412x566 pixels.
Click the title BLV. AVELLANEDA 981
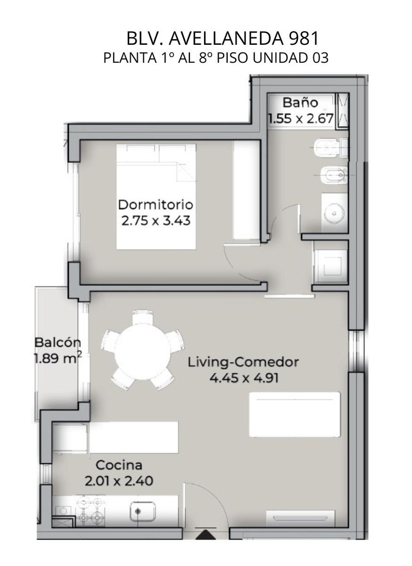(x=222, y=39)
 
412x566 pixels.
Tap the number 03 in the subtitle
(x=320, y=58)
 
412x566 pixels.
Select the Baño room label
(x=300, y=103)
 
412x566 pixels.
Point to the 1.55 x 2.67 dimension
(x=301, y=118)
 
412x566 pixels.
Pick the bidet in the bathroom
(x=334, y=175)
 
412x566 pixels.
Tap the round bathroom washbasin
(x=335, y=214)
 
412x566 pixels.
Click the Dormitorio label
(x=156, y=205)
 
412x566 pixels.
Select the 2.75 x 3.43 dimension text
(x=156, y=221)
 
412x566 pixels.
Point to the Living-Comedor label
(x=243, y=363)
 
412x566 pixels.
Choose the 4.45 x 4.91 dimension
(x=244, y=378)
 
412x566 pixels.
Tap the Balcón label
(x=58, y=342)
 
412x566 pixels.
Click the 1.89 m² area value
(x=58, y=358)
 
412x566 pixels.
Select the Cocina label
(x=119, y=465)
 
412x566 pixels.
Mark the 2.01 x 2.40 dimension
(x=119, y=481)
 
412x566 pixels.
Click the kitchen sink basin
(x=142, y=510)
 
